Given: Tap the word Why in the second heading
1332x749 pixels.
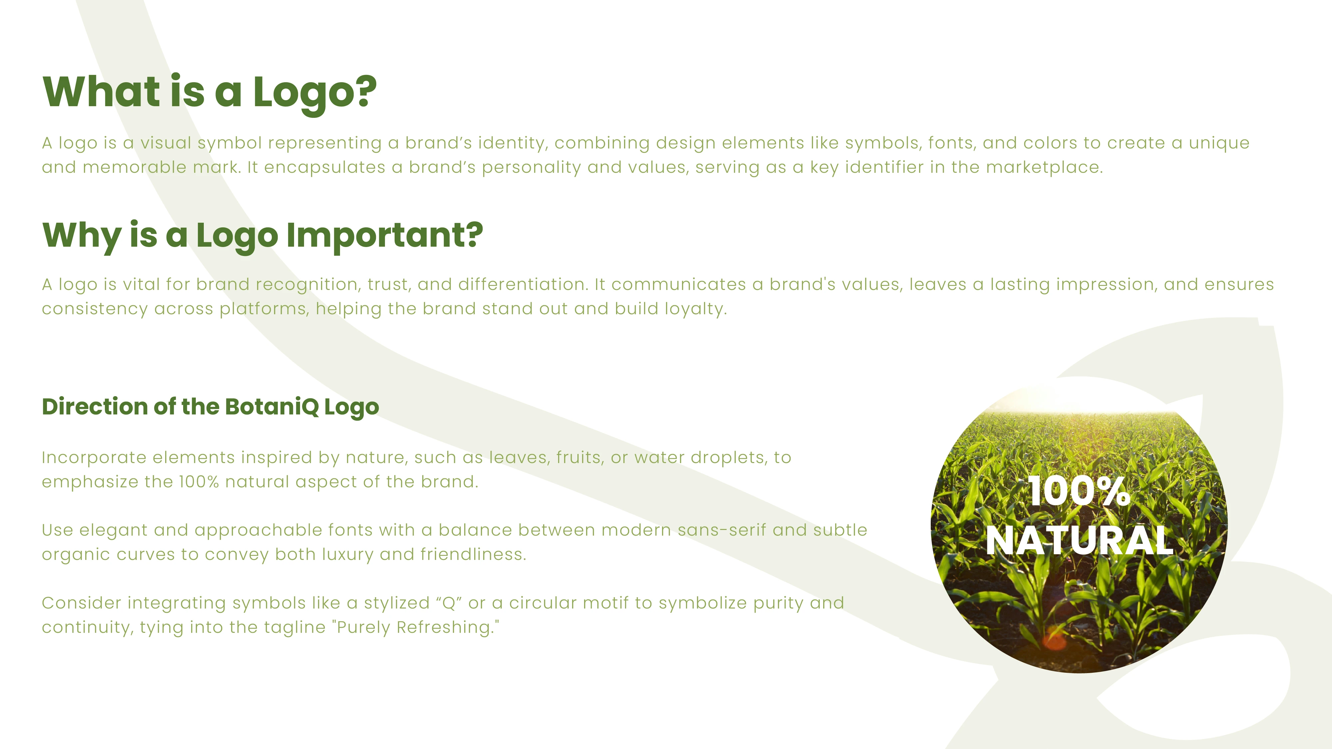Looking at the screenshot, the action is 82,236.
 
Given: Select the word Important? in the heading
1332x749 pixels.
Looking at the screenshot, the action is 384,236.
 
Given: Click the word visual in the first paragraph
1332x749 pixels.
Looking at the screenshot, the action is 166,143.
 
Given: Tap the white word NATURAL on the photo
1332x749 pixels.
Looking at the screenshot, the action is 1079,541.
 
